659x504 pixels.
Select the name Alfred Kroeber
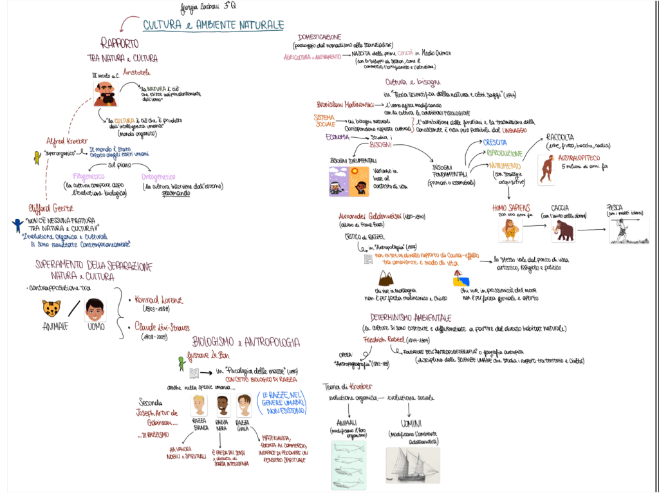(67, 142)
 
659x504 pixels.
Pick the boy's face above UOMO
(95, 310)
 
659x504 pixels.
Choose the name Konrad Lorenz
(158, 300)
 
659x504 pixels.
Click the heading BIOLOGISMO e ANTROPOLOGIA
(245, 341)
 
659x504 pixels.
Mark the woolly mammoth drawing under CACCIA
(563, 230)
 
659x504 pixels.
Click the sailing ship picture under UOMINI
(413, 465)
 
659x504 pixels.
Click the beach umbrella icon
(459, 279)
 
